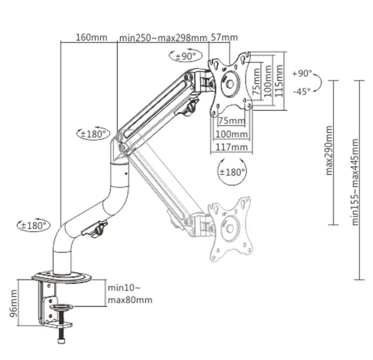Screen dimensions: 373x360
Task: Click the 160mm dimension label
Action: click(x=91, y=37)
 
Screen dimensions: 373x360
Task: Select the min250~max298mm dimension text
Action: click(x=163, y=38)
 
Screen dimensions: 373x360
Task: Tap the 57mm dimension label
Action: click(x=224, y=37)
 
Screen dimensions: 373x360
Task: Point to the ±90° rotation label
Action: click(x=185, y=57)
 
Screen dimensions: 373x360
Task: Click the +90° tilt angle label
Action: click(x=302, y=73)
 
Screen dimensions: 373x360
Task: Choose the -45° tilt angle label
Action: click(x=301, y=91)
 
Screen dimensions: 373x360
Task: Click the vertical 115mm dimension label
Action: click(x=279, y=81)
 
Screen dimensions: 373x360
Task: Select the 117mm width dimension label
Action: click(x=232, y=147)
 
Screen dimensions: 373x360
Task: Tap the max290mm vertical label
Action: click(x=329, y=151)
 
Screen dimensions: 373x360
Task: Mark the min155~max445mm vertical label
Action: click(x=355, y=182)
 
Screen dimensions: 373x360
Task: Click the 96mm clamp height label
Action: click(x=14, y=303)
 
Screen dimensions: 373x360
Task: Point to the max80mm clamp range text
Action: click(x=130, y=300)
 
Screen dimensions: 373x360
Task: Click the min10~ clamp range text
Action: click(x=124, y=288)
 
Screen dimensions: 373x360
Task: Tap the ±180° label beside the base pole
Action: click(x=34, y=225)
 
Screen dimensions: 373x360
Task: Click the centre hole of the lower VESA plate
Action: click(x=230, y=228)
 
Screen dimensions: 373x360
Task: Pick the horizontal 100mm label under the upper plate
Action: click(x=232, y=134)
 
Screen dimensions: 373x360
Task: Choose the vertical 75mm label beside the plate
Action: click(x=257, y=81)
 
